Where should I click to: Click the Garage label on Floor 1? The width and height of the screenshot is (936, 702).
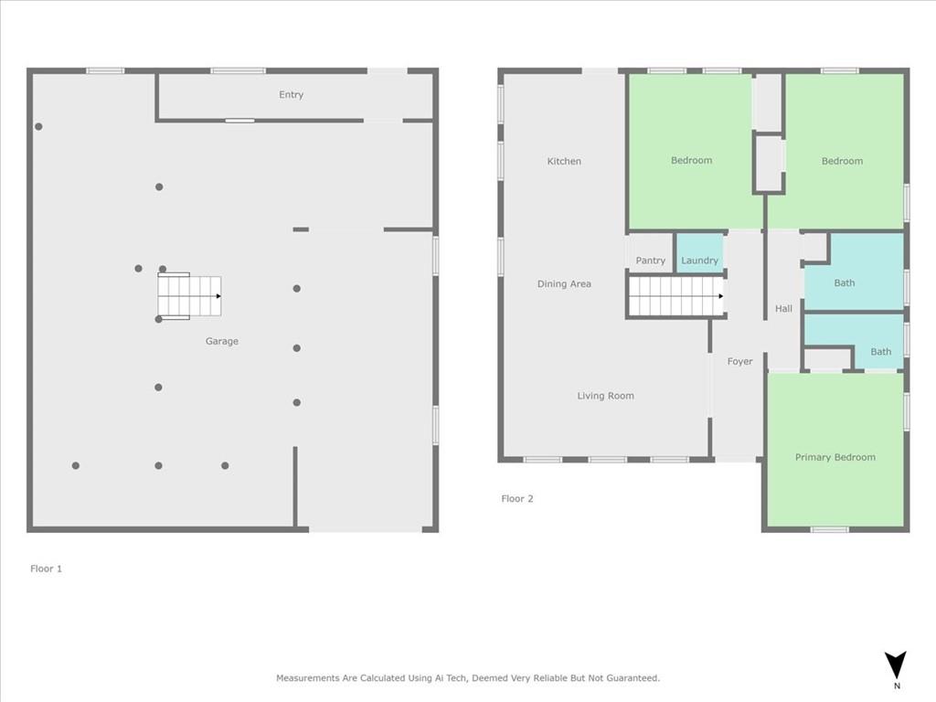[221, 341]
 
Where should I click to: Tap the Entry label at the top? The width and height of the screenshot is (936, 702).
[291, 95]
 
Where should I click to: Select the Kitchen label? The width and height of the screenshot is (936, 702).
[564, 162]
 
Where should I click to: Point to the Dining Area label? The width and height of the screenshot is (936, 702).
[564, 284]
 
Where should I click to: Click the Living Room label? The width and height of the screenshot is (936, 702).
[605, 396]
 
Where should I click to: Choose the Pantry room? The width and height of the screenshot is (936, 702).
[651, 261]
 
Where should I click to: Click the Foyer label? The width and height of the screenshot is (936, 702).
[739, 362]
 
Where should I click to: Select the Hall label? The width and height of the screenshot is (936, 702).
[783, 309]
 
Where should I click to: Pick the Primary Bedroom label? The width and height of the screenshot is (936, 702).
[835, 457]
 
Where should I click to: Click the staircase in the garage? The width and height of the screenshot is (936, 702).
[189, 296]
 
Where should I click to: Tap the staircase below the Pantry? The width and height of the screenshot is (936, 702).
[675, 296]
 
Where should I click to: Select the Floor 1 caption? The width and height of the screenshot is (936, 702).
[46, 569]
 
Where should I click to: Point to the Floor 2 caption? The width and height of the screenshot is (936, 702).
[516, 499]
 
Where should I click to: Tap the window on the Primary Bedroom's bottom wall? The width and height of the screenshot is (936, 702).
[829, 529]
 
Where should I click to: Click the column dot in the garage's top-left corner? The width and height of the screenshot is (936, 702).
[38, 126]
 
